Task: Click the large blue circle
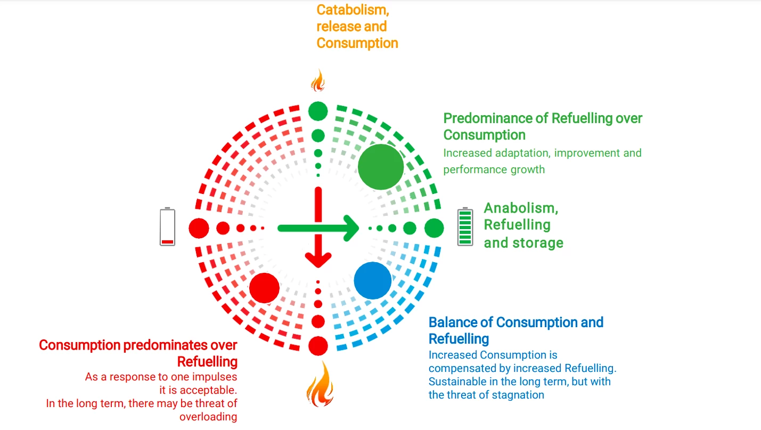(373, 280)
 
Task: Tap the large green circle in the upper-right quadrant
(381, 167)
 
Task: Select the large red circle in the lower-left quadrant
(264, 288)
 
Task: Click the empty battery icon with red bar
(168, 226)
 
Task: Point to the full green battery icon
(465, 226)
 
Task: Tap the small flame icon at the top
(318, 80)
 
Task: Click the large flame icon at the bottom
(320, 384)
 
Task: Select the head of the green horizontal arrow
(351, 228)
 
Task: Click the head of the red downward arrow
(318, 259)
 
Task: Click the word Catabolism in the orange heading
(353, 10)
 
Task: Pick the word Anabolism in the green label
(521, 208)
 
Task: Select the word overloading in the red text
(208, 417)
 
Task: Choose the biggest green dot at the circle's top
(318, 111)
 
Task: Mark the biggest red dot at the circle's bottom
(318, 346)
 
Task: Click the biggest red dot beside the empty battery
(199, 228)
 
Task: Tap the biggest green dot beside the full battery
(434, 228)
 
